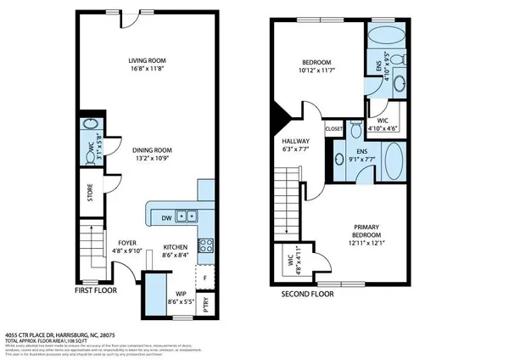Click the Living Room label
(x=145, y=60)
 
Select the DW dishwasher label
(x=167, y=218)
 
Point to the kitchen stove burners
(x=205, y=245)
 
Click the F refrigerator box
(x=205, y=277)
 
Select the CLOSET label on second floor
(x=333, y=129)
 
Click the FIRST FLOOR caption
(x=95, y=290)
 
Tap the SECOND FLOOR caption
(x=308, y=294)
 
